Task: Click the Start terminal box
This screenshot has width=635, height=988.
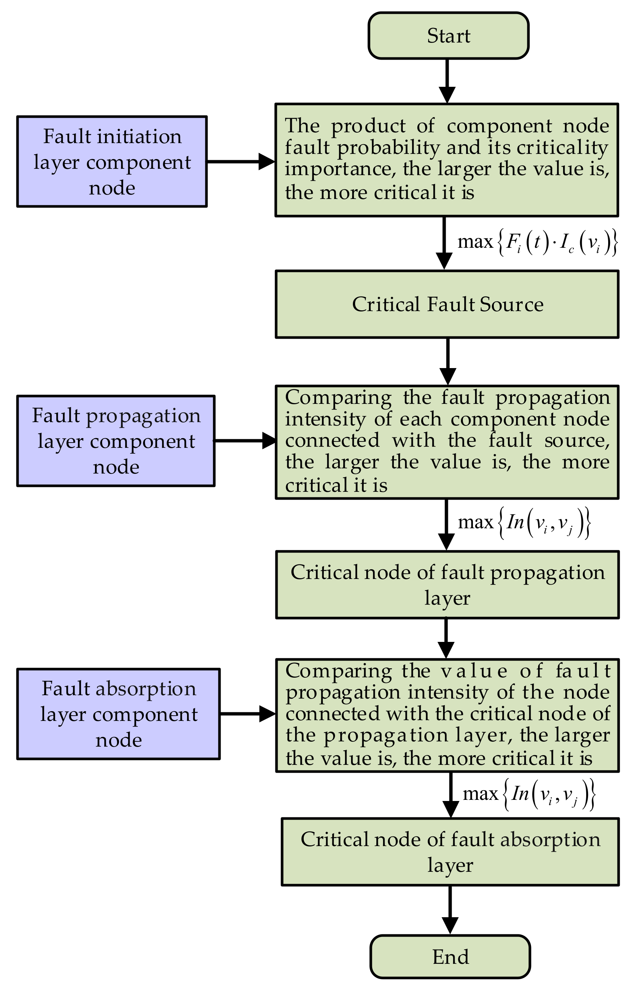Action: tap(448, 36)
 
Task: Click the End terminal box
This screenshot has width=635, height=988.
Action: tap(450, 956)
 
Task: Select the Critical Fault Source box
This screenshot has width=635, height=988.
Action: tap(447, 304)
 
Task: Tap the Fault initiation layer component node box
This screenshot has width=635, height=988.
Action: tap(112, 162)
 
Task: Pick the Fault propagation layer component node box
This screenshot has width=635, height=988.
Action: tap(116, 441)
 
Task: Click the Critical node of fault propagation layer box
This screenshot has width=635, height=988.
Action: tap(448, 585)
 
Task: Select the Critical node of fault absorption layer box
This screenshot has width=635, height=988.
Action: tap(450, 852)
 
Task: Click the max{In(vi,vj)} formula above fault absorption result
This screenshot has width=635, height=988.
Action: tap(529, 795)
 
